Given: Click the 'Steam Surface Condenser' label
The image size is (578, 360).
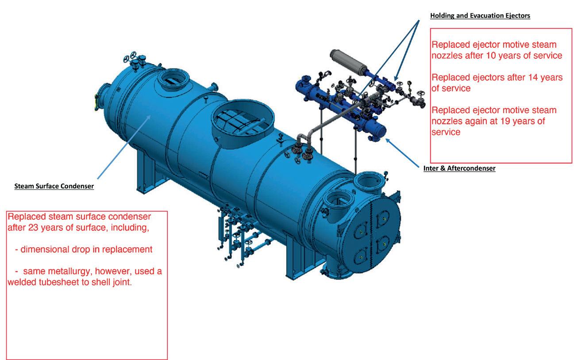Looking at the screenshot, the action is coord(54,186).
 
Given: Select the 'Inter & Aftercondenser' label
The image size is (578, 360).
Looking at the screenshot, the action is coord(459,168).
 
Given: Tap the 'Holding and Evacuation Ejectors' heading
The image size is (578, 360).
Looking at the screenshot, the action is coord(480,16).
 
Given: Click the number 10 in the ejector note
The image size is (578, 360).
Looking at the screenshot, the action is coord(512,56).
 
